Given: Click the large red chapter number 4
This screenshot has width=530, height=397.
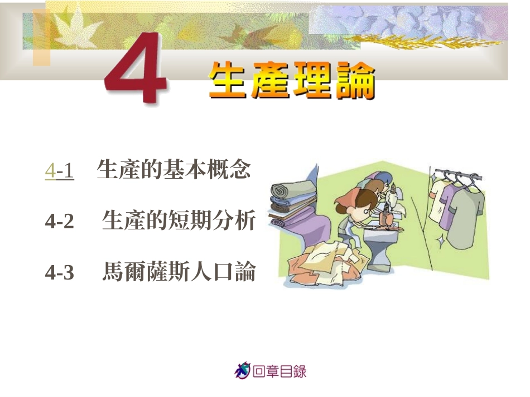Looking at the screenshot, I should click(136, 69).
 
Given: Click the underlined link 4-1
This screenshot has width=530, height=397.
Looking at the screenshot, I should click(60, 170).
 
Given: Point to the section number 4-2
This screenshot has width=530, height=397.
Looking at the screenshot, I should click(60, 222).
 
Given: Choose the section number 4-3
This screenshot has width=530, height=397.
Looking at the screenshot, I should click(60, 273).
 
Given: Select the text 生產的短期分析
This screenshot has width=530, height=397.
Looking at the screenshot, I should click(179, 222).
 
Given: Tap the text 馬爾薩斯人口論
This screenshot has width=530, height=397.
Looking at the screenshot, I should click(179, 273).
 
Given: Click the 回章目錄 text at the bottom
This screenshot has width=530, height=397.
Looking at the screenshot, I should click(280, 371).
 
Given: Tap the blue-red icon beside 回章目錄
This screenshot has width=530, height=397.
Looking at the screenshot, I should click(242, 370).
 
